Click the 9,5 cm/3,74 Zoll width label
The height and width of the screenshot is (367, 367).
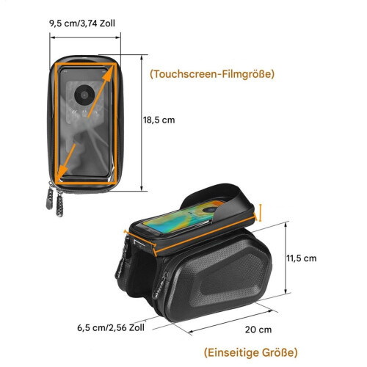pos(82,23)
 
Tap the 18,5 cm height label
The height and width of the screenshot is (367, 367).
pos(159,120)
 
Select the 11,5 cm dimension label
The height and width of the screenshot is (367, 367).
pos(302,258)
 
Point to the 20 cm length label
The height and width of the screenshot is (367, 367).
pos(258,330)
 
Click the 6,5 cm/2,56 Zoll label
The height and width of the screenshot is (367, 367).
pos(111,328)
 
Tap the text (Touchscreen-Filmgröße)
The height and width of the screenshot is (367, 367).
pos(212,74)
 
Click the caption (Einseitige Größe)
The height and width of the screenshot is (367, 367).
pos(251,352)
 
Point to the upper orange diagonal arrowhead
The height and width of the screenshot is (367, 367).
pos(108,74)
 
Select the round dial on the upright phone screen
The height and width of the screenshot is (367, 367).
pos(84,95)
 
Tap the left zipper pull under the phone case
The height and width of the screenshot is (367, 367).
pos(50,198)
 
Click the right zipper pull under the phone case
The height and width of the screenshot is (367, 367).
pos(59,203)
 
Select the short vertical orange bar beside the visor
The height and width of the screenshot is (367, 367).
pos(261,213)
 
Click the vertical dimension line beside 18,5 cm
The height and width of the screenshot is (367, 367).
pos(142,123)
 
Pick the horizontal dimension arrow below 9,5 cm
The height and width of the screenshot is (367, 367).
pos(85,37)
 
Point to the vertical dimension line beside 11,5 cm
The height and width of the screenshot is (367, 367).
pos(286,258)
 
